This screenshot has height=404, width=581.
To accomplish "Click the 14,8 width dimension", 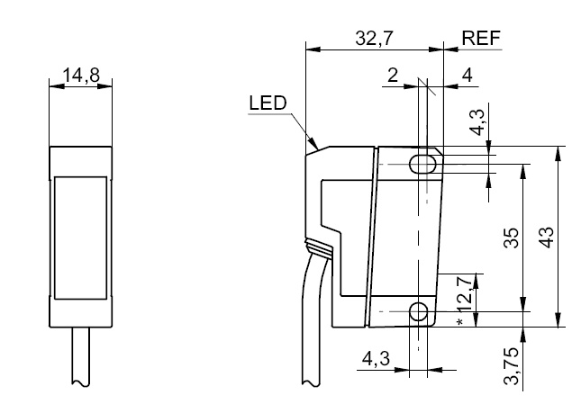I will (x=81, y=76).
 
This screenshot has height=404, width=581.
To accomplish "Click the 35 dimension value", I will (x=510, y=238).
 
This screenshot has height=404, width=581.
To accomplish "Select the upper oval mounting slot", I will (x=422, y=164).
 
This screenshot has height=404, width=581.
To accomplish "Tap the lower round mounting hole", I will (x=419, y=312).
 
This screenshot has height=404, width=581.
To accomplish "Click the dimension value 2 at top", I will (x=393, y=76).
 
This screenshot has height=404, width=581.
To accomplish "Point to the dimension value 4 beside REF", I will (x=467, y=76).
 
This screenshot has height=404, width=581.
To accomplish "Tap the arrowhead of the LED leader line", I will (x=315, y=144).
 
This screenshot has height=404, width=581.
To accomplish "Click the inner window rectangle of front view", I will (x=81, y=236).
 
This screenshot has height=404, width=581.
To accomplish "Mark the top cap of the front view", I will (x=81, y=160).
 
